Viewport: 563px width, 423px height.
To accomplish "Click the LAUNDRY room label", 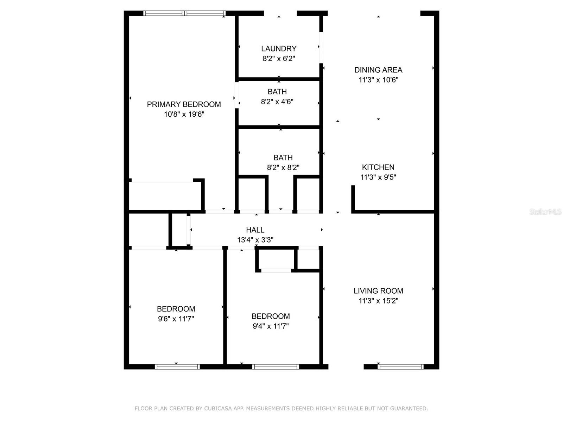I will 279,49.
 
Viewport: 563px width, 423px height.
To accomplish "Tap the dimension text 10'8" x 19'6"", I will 184,114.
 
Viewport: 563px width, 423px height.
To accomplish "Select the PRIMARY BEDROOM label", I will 184,104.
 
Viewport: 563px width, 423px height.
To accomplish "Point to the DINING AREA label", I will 378,70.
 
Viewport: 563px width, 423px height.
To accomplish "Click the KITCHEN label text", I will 378,167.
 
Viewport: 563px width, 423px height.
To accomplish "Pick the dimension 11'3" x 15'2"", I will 378,301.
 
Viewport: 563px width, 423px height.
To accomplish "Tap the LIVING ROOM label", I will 378,291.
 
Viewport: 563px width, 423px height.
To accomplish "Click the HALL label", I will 255,230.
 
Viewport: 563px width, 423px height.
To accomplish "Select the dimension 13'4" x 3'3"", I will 255,240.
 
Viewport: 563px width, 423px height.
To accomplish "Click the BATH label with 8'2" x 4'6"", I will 277,92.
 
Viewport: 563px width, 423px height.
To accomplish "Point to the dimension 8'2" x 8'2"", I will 283,168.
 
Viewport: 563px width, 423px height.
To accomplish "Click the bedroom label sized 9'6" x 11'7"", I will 176,309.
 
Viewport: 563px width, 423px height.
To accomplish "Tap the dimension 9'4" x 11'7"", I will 271,326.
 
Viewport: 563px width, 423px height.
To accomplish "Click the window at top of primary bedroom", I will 184,13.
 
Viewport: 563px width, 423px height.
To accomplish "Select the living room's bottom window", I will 400,367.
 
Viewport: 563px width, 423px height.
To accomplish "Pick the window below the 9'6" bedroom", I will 177,367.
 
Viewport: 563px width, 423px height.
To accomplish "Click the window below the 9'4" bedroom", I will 276,367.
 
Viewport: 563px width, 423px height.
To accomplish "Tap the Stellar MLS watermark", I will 545,211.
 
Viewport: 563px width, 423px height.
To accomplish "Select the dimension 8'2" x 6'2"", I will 279,59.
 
